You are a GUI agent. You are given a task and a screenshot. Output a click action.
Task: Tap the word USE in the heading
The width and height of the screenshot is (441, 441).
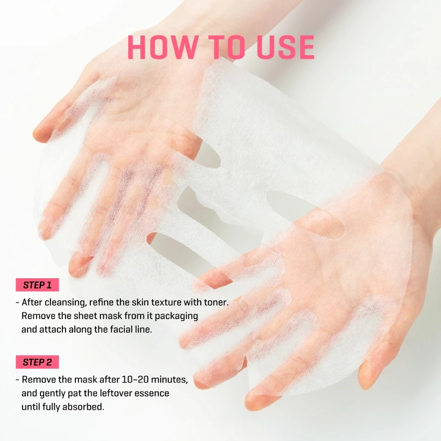(285, 47)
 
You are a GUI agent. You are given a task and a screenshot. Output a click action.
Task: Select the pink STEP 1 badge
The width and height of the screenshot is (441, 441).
(37, 285)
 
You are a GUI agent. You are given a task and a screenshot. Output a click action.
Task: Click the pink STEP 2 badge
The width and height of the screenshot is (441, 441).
(37, 362)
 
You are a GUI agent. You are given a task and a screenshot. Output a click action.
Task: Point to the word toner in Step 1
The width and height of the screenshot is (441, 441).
(216, 302)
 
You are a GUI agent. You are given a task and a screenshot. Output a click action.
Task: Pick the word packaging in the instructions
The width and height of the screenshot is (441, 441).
(176, 317)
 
